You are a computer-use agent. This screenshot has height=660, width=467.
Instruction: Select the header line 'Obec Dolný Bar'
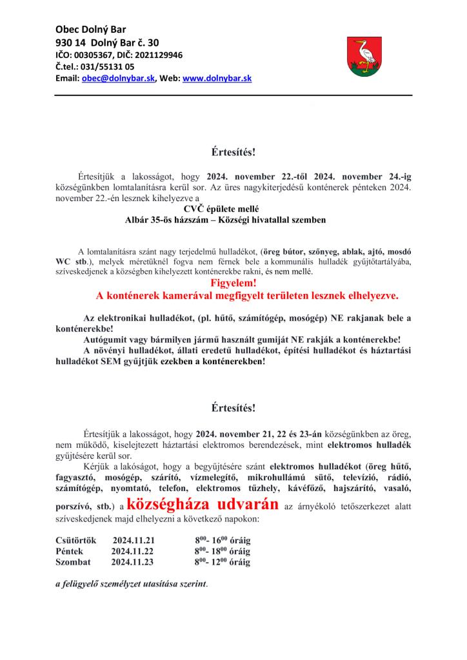pos(90,30)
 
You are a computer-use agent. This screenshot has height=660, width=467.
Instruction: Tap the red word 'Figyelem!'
pos(234,283)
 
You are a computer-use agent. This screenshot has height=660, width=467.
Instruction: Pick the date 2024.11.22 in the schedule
pos(132,551)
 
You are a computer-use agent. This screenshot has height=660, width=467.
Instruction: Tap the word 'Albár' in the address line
pos(138,220)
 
